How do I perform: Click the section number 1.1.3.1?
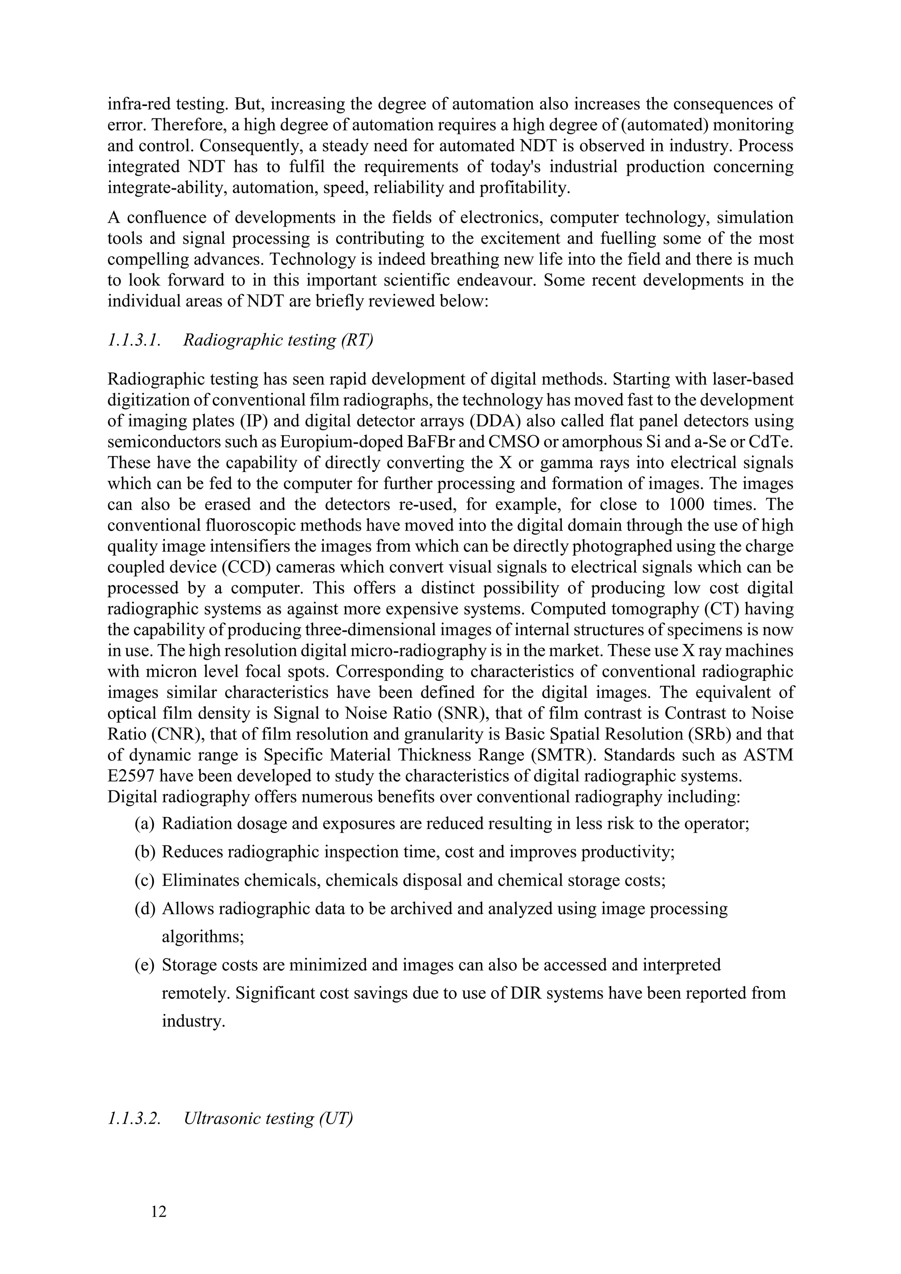tap(134, 340)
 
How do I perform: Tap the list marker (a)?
tap(144, 824)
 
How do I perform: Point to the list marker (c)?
tap(144, 880)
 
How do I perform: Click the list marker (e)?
tap(144, 965)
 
